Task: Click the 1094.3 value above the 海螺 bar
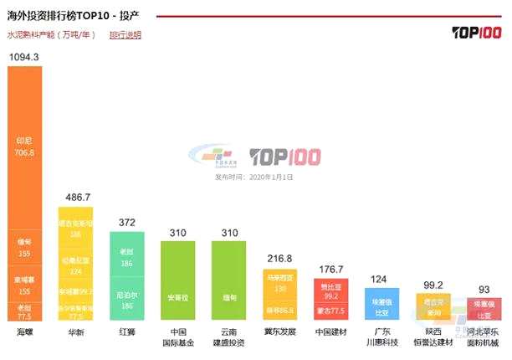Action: click(24, 56)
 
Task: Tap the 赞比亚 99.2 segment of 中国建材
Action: click(330, 291)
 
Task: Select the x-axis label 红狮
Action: click(127, 332)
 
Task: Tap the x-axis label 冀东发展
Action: click(279, 332)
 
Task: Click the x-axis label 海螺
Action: click(24, 332)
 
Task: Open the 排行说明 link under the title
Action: click(125, 35)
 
